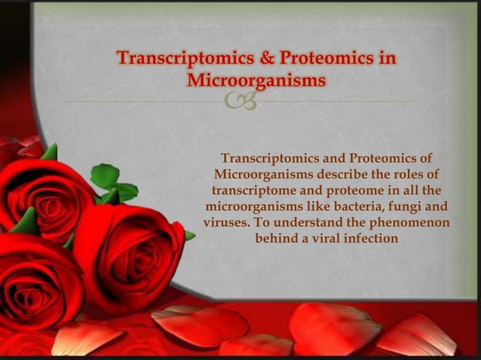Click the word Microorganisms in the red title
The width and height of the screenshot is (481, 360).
coord(257,80)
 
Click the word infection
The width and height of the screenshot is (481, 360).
coord(369,239)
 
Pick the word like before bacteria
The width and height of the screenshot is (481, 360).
coord(308,206)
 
